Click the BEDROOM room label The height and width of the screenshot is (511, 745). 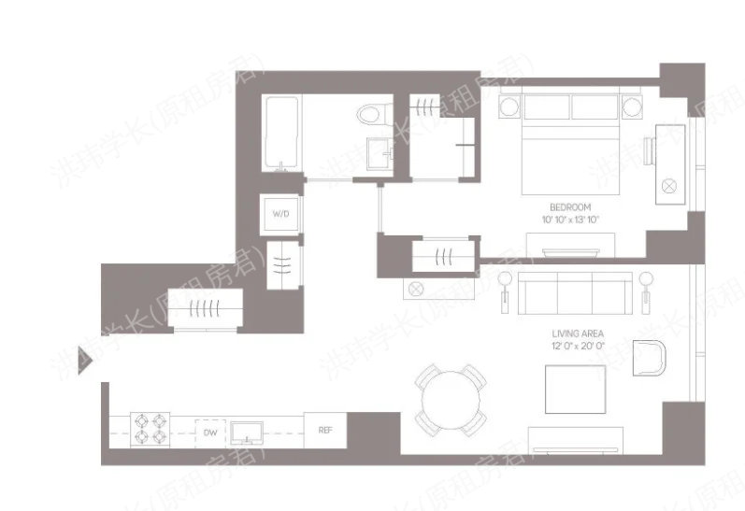pos(570,207)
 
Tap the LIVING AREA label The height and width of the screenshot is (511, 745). pos(578,334)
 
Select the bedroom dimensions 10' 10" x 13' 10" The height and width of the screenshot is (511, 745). pos(570,219)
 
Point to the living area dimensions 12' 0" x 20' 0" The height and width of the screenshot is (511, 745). pos(578,345)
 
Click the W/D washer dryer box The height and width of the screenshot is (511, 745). pos(280,214)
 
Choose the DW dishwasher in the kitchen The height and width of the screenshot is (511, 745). pos(209,433)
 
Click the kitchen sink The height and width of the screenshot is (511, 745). pos(250,431)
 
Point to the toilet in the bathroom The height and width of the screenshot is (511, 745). pos(371,115)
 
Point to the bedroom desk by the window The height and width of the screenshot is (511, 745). pos(670,159)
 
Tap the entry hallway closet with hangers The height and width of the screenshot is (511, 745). pos(203,308)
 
